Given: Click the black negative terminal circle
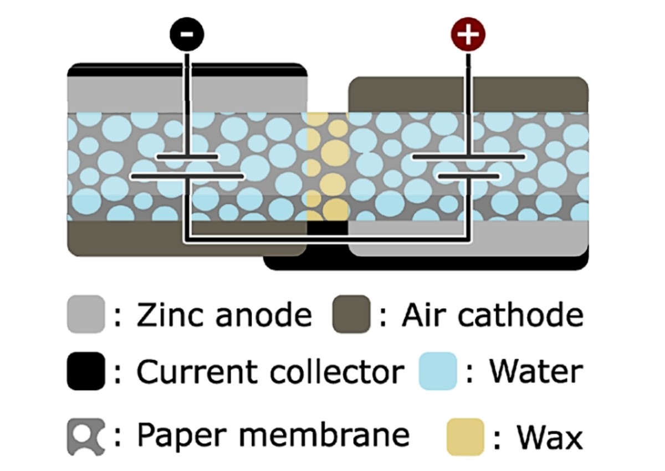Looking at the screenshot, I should click(187, 34).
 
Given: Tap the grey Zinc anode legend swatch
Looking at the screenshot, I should click(85, 314).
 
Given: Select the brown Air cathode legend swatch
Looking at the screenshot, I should click(351, 314).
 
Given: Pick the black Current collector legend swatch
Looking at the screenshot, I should click(85, 371).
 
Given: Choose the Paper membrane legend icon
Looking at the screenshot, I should click(85, 436).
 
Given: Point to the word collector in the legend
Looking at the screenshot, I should click(337, 371).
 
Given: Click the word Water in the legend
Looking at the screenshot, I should click(535, 371).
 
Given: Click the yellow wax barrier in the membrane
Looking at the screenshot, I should click(328, 166).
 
